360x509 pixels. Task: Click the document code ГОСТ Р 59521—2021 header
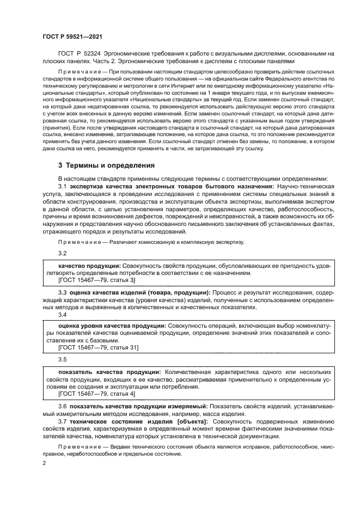point(72,36)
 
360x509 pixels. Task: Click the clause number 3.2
point(62,253)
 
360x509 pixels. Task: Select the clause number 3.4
point(62,314)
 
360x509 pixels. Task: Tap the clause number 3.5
point(62,359)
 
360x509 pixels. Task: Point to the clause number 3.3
point(62,292)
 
